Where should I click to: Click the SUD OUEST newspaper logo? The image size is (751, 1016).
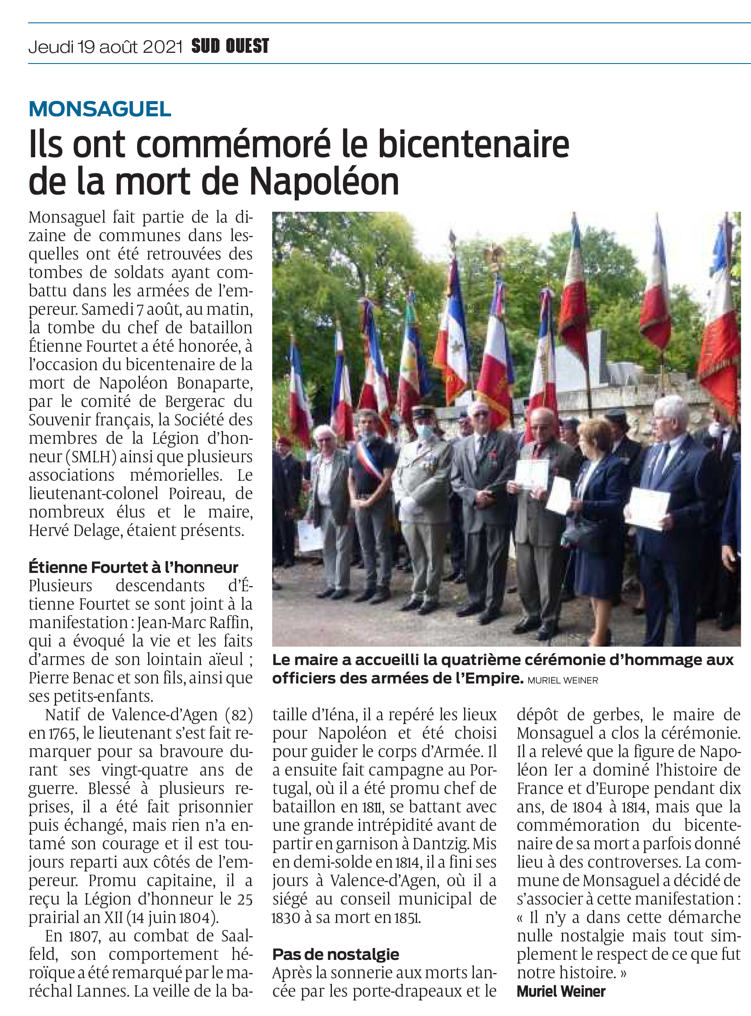coord(230,46)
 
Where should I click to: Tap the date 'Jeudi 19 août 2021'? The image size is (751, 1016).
coord(106,46)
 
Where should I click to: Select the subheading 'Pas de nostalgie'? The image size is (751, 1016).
coord(336,954)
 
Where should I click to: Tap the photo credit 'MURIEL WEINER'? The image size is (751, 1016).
coord(563,680)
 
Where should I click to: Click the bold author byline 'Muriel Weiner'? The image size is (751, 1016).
coord(561,991)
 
